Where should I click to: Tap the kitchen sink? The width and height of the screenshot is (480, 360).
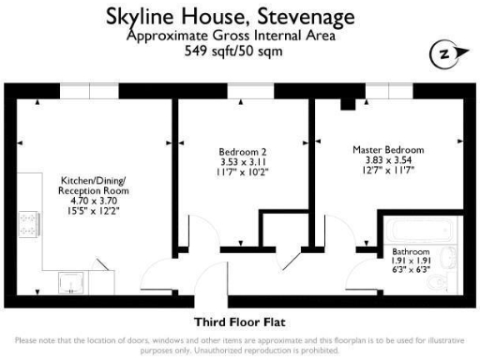pos(69,279)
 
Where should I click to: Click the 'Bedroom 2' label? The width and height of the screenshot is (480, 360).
pos(242,152)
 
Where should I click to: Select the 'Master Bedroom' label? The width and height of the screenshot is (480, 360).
pos(387,150)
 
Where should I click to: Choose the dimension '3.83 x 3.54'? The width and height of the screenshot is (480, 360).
pos(387,160)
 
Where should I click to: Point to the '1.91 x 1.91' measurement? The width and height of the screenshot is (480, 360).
pos(411,262)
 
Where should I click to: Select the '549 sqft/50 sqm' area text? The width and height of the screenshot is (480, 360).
pos(240,51)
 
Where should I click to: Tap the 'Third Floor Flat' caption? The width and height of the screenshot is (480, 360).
pos(239,322)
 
